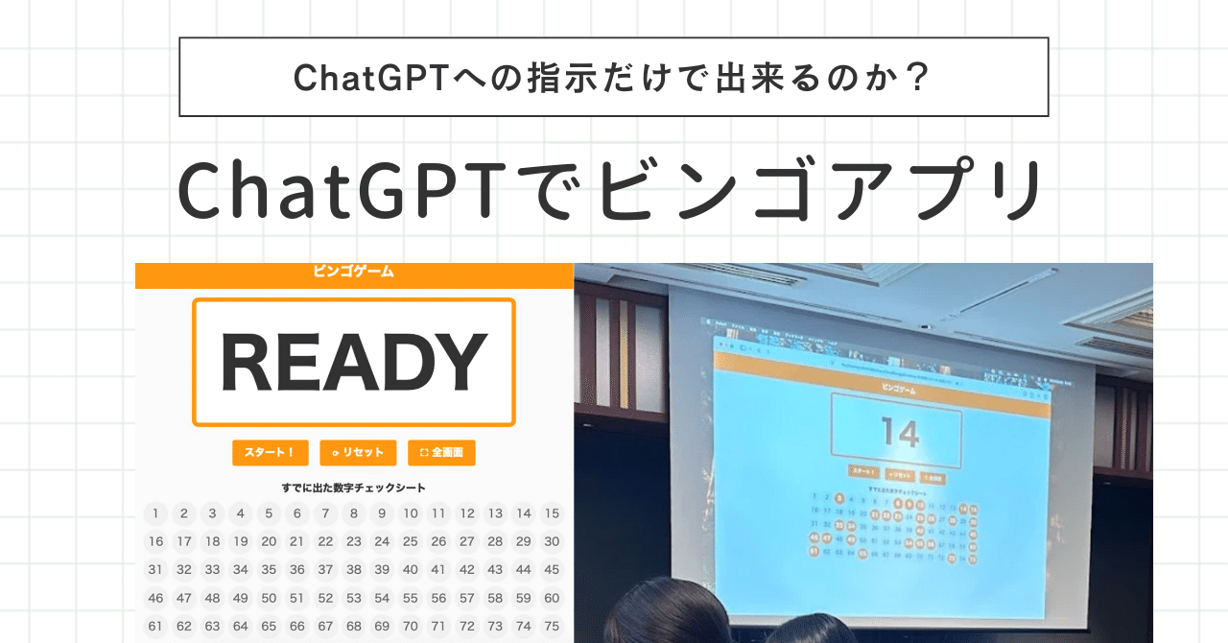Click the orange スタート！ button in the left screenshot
269,453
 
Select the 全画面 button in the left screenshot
441,453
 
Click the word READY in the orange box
354,363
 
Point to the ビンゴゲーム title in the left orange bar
354,272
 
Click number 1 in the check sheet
155,513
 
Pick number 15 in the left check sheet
552,513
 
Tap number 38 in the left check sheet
354,569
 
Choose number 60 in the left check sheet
552,598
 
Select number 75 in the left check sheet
552,626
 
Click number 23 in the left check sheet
354,541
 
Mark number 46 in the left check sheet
155,598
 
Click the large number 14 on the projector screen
901,433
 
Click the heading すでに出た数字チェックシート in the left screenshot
354,488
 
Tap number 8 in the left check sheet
354,513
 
